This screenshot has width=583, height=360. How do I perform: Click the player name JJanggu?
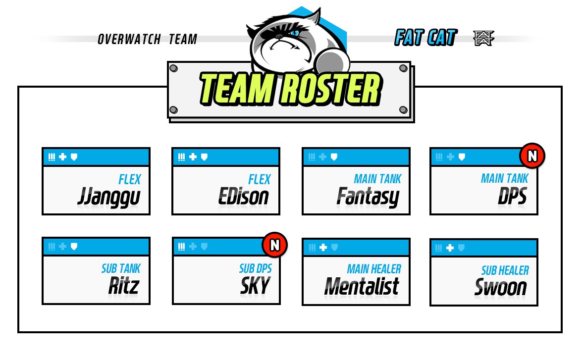coord(109,198)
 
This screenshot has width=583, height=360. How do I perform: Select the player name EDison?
coord(244,197)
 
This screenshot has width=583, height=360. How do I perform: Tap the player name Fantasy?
coord(368,197)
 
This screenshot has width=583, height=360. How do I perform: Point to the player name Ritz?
coord(124,286)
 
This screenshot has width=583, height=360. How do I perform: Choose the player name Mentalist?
coord(362,286)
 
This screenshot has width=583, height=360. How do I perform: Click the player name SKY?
coord(256,286)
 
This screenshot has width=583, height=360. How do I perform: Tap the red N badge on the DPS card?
coord(532,156)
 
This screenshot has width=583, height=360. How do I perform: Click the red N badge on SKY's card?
coord(274,245)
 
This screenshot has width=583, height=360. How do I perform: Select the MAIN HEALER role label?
coord(374,269)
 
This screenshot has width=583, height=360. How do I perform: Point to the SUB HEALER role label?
coord(505,270)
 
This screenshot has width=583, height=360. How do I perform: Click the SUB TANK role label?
coord(121,269)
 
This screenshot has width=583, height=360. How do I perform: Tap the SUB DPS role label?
coord(255,269)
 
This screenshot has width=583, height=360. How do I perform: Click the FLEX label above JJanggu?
coord(130,179)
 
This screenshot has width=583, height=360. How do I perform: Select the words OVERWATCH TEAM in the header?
coord(147,39)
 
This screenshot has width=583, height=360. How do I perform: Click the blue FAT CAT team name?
coord(425,38)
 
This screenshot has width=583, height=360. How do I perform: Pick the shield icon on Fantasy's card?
coord(335,157)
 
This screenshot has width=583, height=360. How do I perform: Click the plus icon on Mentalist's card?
coord(323,247)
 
